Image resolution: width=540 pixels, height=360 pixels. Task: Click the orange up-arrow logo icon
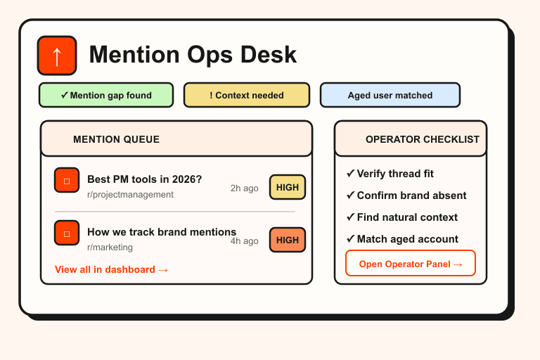57,56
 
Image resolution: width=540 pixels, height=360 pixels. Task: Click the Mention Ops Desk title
193,55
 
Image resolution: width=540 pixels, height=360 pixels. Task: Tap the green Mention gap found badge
106,95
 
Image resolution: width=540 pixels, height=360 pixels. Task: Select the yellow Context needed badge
247,95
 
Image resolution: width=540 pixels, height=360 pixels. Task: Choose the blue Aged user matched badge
390,95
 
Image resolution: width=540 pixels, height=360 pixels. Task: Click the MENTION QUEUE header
116,139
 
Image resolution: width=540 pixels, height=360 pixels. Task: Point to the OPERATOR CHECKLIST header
422,139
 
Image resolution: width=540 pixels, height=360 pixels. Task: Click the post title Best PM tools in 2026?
144,179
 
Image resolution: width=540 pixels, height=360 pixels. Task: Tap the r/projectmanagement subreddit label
130,195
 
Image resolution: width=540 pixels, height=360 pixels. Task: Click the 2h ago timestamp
244,188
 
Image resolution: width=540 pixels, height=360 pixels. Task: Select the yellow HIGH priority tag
288,187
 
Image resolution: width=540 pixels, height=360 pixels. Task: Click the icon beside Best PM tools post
67,181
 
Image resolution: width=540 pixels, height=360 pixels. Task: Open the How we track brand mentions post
162,232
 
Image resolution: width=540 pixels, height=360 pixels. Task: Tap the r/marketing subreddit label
110,247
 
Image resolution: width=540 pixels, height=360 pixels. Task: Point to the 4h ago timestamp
244,240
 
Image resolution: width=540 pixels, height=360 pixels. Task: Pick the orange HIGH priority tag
288,240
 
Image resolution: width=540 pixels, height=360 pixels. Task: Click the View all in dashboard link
111,269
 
